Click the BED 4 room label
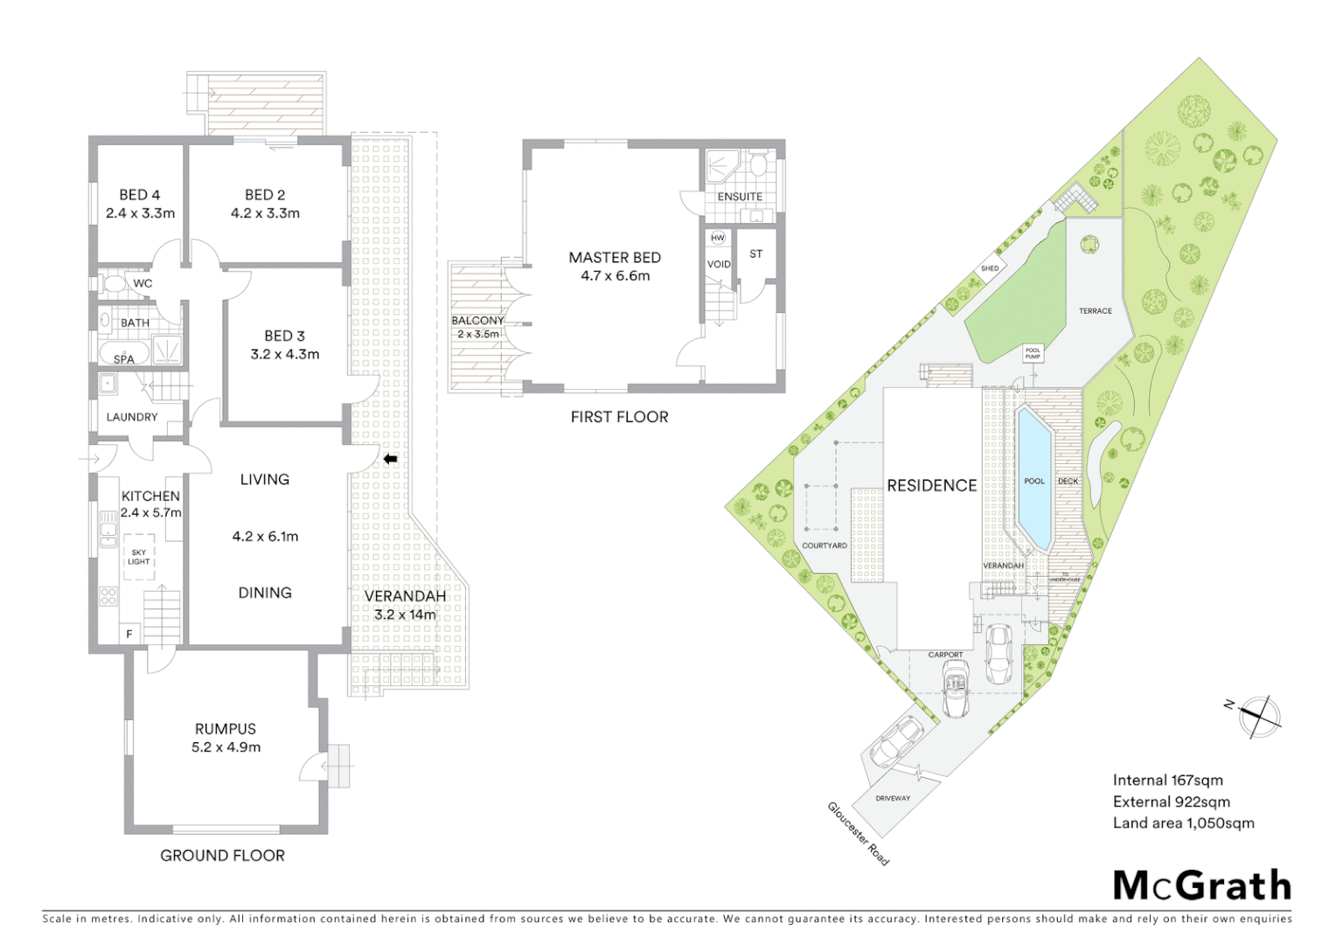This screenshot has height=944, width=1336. (x=139, y=195)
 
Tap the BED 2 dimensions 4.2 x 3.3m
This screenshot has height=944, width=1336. (x=265, y=213)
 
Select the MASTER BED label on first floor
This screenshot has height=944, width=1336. (x=615, y=258)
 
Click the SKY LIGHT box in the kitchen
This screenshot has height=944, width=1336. (x=140, y=557)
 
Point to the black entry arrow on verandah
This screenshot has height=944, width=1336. (x=390, y=459)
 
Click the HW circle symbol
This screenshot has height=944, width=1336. (x=718, y=238)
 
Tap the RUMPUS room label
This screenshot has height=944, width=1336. (x=226, y=729)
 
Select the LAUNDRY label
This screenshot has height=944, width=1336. (x=132, y=417)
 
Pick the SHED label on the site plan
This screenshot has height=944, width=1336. (x=989, y=268)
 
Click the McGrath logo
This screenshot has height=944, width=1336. (x=1202, y=885)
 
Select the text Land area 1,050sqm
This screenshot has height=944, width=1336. (x=1183, y=823)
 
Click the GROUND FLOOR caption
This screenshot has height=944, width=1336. (x=222, y=856)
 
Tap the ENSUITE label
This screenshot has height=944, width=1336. (x=740, y=197)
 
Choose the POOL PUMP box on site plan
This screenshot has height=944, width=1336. (x=1033, y=354)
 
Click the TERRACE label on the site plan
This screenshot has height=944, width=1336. (x=1095, y=311)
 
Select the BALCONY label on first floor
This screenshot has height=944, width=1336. (x=477, y=321)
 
